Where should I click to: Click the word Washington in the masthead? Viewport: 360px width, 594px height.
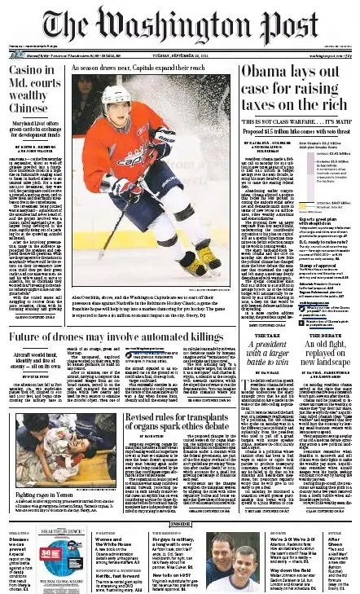pyautogui.click(x=175, y=24)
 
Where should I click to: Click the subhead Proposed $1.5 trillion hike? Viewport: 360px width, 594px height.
pyautogui.click(x=254, y=130)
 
